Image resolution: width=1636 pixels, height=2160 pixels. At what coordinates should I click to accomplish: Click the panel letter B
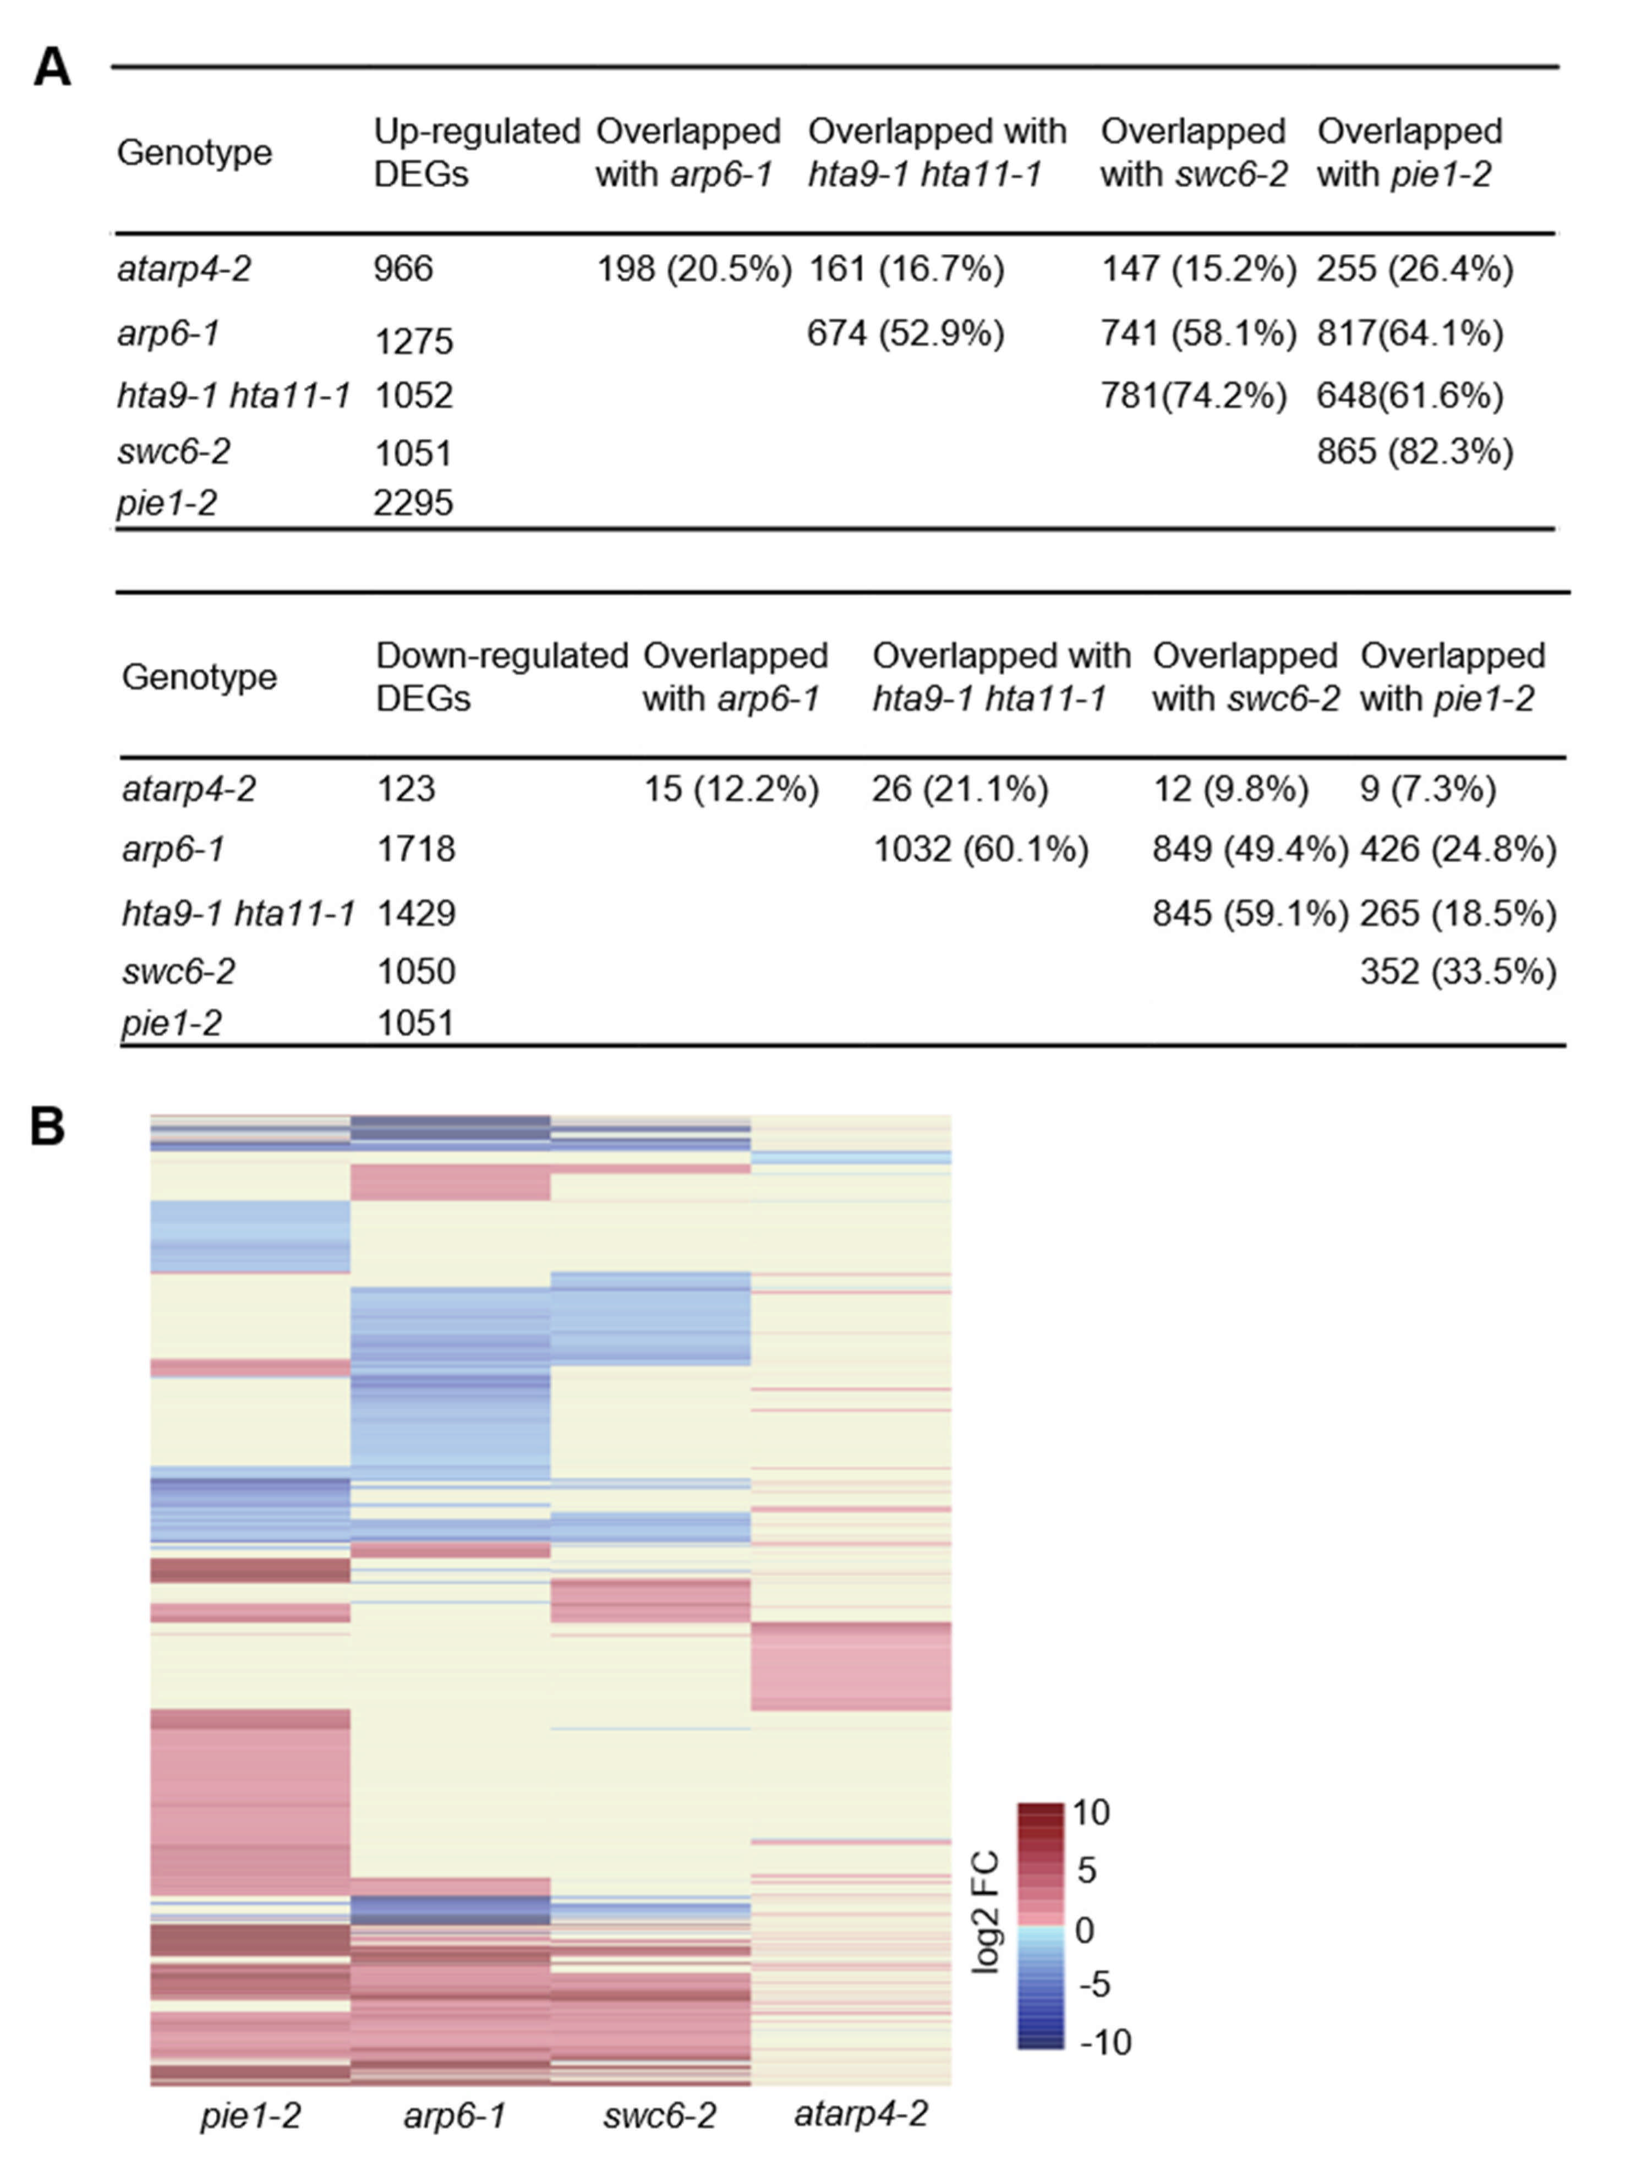[47, 1126]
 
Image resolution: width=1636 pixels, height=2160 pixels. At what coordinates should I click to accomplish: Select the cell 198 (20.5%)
[693, 269]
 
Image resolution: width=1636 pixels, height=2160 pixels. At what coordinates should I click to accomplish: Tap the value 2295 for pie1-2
[413, 503]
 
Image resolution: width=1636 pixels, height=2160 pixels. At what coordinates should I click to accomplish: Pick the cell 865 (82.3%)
[1414, 451]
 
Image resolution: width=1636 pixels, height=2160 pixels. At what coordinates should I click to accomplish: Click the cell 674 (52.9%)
[905, 334]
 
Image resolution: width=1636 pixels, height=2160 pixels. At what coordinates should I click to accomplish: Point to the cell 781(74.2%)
[1192, 396]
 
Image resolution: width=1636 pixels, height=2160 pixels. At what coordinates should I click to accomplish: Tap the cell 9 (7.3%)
[1427, 789]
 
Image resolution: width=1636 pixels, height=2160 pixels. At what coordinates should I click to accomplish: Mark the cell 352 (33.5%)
[1457, 972]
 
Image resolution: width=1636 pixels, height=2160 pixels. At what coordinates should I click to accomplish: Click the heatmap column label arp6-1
[454, 2115]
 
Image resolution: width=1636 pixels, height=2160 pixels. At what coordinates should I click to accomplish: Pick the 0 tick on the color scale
[1084, 1929]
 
